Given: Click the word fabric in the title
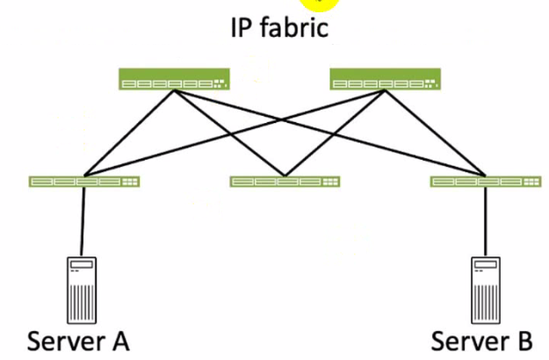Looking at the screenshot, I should point(295,27).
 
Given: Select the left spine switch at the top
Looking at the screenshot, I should point(174,81).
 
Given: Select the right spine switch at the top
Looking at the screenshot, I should point(384,81).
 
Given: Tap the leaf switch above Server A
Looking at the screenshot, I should point(84,182).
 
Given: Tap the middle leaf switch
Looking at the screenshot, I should point(285,182).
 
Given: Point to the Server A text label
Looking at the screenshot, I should point(79,339).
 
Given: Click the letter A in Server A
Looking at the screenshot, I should point(119,339).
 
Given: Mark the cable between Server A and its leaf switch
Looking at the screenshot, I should point(83,220).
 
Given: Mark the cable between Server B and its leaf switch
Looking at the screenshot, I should point(486,220).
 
